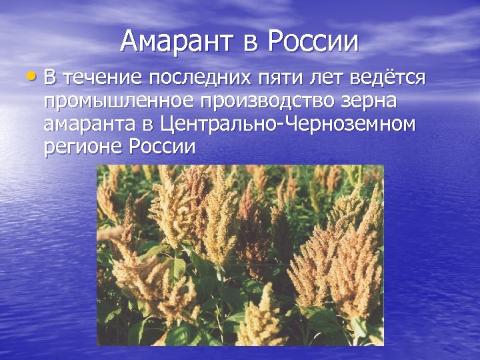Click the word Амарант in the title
[177, 41]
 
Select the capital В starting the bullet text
[51, 79]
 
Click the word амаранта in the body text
[90, 125]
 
